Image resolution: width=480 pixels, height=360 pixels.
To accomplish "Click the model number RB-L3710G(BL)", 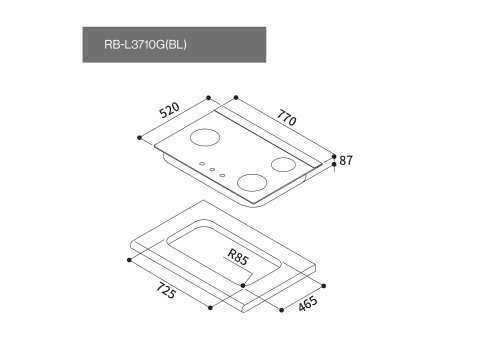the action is [145, 44].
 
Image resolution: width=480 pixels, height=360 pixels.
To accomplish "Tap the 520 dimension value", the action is [170, 110].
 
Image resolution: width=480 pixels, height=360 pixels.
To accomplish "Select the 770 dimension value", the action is [286, 118].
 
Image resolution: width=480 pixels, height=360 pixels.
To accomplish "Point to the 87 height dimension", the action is [346, 160].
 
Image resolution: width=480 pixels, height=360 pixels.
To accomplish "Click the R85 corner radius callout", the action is [238, 257].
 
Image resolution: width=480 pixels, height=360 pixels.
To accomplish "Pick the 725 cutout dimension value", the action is [166, 290].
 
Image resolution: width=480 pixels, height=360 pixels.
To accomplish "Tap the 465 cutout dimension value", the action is [308, 304].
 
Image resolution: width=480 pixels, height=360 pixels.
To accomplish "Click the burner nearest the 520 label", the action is [205, 137].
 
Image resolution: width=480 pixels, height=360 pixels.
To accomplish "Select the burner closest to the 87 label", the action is [283, 164].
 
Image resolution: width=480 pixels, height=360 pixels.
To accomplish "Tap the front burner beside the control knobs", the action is [252, 183].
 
